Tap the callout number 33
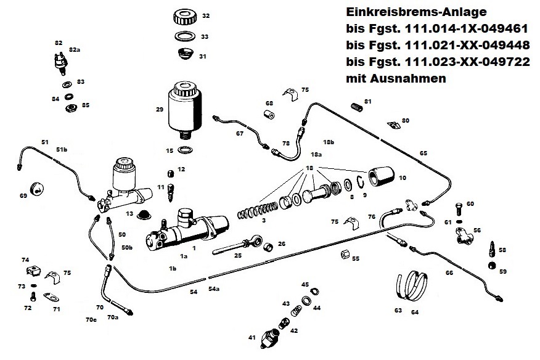point(205,37)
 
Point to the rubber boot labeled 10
point(382,178)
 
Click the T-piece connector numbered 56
point(462,235)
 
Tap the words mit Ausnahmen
point(396,78)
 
